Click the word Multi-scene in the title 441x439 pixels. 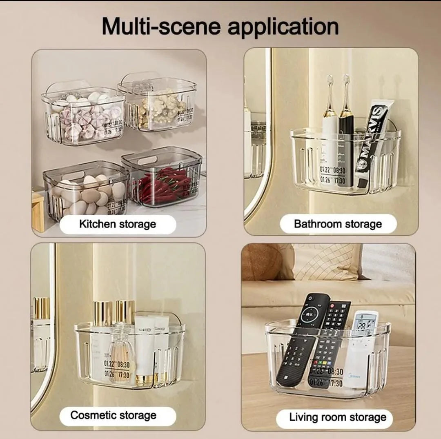(161, 27)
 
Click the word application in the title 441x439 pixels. (283, 27)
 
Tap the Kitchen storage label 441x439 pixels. (118, 224)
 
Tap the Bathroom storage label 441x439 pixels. (338, 224)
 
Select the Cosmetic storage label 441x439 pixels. (113, 415)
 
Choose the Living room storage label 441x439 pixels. (338, 417)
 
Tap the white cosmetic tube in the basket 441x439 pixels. (145, 347)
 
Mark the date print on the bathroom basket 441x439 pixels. (333, 175)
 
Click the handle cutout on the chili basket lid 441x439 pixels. (147, 160)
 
